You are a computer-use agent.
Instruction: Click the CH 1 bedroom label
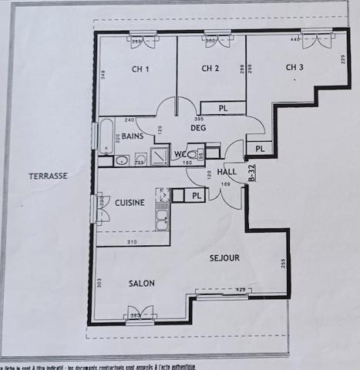pos(140,69)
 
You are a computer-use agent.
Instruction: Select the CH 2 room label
pos(211,69)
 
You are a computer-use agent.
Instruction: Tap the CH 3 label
pos(294,68)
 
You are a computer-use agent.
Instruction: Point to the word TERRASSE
pos(49,176)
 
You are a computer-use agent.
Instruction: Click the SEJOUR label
pos(224,257)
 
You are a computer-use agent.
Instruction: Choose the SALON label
pos(142,283)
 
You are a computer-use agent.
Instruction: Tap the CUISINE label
pos(130,203)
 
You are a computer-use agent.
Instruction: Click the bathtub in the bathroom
pos(105,136)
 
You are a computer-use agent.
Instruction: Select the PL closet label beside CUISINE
pos(197,196)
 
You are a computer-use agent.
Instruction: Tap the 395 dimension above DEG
pos(198,119)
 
